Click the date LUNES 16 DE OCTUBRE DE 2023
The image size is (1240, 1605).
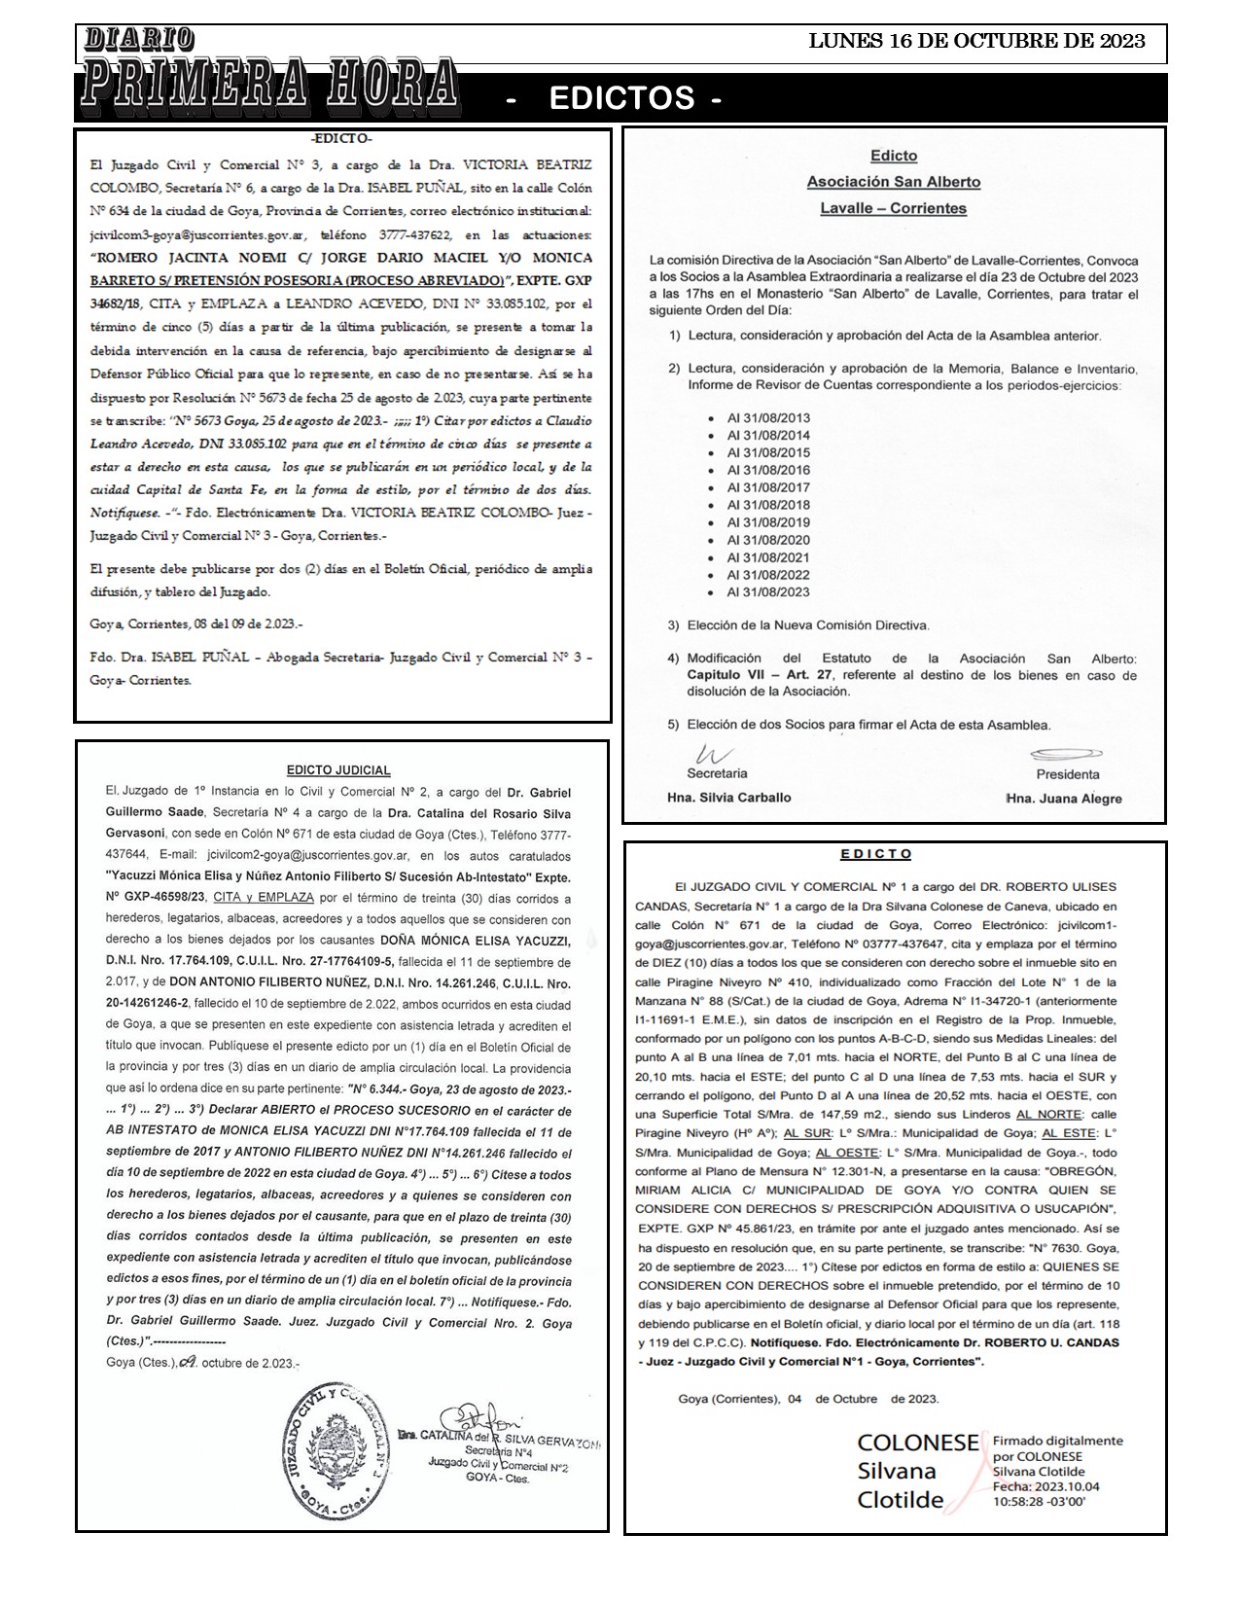[x=976, y=41]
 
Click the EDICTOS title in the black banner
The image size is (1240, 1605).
[x=622, y=98]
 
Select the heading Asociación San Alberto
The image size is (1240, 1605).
[x=893, y=182]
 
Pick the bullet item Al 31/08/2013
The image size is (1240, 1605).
[x=768, y=418]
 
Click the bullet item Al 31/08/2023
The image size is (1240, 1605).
[x=768, y=592]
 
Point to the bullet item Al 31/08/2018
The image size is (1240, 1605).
[x=768, y=506]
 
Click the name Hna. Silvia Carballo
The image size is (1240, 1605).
[x=728, y=798]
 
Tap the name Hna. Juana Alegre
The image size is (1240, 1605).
[x=1064, y=799]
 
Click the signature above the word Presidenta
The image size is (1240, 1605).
[x=1066, y=755]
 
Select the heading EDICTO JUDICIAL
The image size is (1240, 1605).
[x=338, y=770]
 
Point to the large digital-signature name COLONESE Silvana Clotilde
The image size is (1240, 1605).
[x=916, y=1471]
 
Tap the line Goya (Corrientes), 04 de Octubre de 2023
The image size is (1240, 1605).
[x=808, y=1399]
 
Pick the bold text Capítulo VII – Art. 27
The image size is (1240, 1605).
[x=762, y=675]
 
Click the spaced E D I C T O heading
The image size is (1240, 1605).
[x=876, y=854]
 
